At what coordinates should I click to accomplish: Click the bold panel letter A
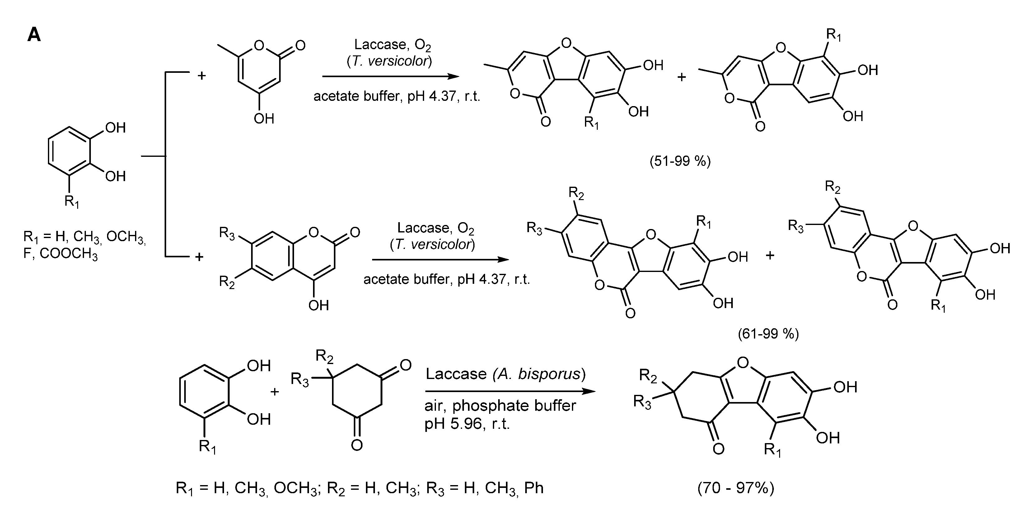34,35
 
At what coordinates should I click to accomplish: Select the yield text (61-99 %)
768,334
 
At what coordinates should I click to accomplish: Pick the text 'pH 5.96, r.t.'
467,423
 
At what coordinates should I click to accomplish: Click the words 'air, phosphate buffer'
500,406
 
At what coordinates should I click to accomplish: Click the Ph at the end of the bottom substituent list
534,488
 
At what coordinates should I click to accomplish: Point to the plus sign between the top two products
681,77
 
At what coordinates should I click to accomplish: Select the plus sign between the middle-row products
770,255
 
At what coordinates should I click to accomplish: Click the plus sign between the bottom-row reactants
274,391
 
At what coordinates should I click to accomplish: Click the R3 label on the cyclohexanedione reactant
300,379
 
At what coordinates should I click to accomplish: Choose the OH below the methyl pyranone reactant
264,119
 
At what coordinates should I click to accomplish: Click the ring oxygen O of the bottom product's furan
743,363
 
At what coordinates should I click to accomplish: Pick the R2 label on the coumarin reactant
227,282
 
